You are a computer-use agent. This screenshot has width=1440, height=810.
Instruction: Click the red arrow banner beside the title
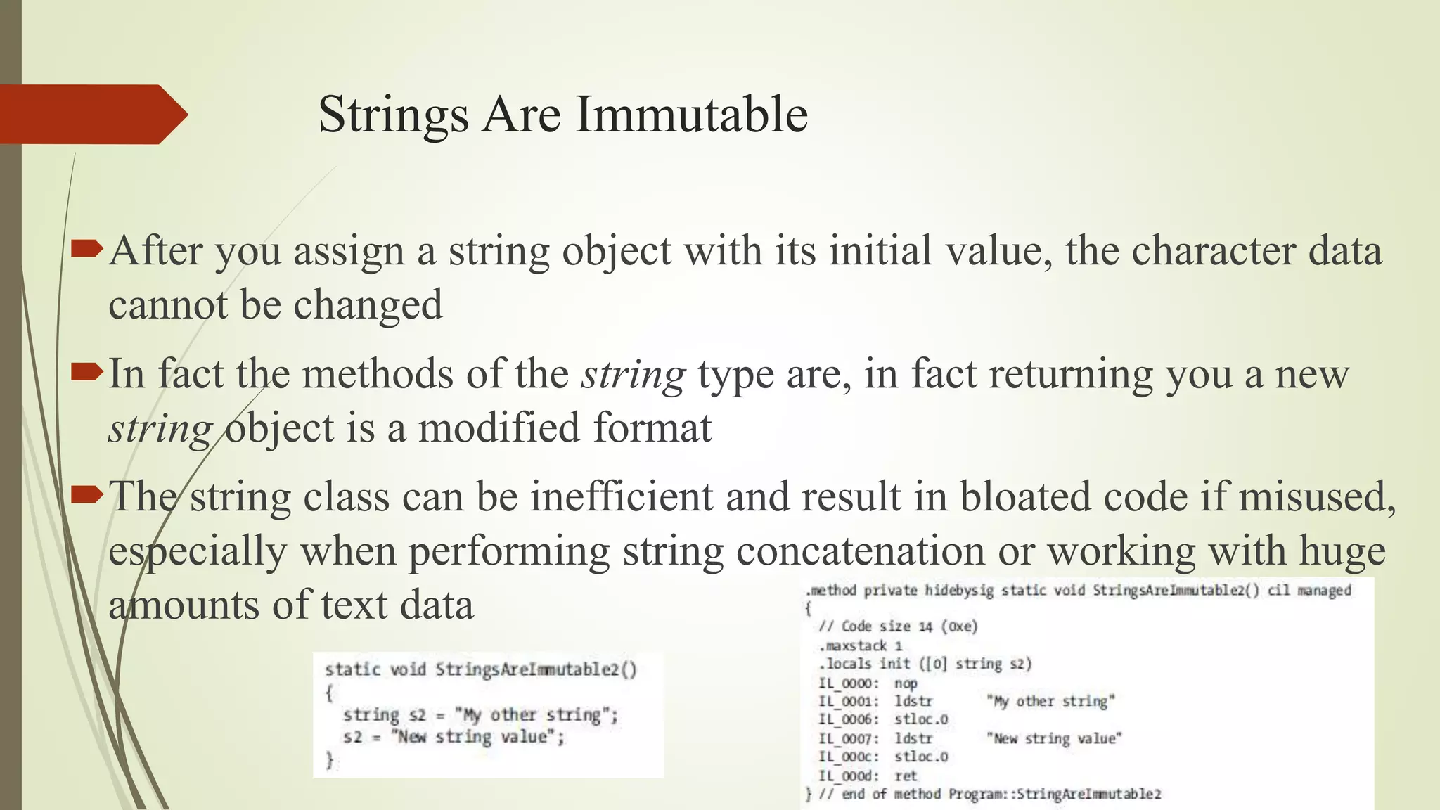click(x=91, y=115)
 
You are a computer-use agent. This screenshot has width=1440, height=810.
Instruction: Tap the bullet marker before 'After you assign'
click(x=87, y=248)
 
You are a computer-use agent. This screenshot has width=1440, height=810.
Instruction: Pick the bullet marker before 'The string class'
click(x=87, y=494)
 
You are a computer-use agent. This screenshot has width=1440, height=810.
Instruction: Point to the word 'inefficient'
click(x=622, y=496)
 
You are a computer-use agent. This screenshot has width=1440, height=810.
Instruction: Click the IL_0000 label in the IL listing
click(x=848, y=683)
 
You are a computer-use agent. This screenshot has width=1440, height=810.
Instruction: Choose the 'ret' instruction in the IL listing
click(x=906, y=776)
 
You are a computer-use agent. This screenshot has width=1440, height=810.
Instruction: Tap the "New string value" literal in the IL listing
click(x=1054, y=738)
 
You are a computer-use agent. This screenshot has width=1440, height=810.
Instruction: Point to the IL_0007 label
click(x=848, y=739)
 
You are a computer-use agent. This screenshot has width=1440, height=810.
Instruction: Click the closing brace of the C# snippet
click(x=329, y=760)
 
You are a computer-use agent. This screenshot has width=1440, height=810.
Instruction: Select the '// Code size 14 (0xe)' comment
click(x=898, y=626)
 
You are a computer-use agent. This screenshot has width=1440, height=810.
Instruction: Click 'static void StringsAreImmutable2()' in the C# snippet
click(x=480, y=669)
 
